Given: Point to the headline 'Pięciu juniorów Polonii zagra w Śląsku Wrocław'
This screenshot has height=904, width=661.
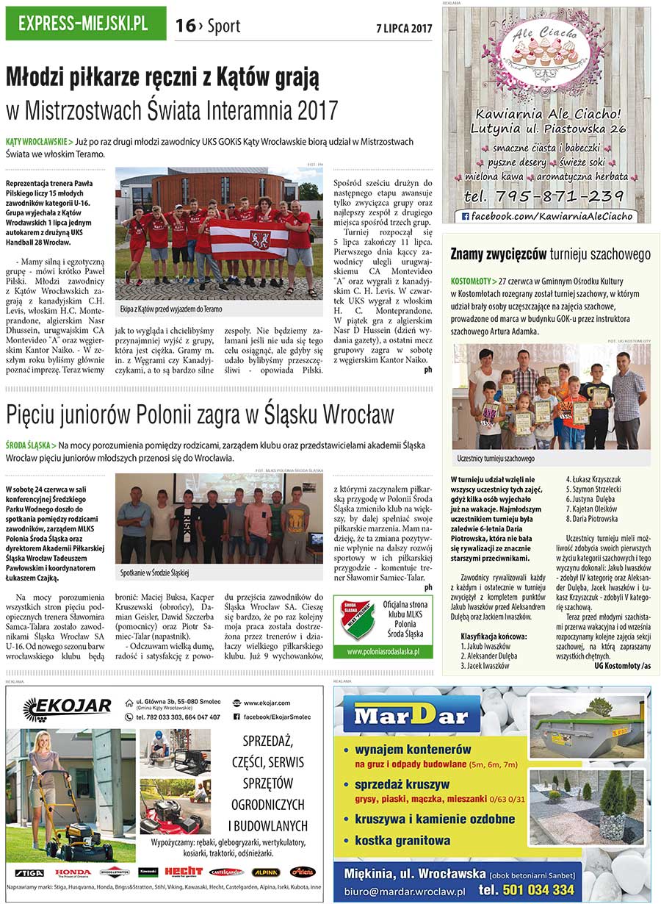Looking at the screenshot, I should [x=201, y=415].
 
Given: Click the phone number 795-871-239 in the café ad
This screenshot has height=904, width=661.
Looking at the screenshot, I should [x=544, y=196].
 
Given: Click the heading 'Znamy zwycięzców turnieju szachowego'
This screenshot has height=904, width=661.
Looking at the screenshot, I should [x=550, y=255].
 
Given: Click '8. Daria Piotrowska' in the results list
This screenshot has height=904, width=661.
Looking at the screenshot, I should [x=592, y=518].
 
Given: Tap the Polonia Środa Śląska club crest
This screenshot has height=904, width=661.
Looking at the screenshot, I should [x=356, y=618].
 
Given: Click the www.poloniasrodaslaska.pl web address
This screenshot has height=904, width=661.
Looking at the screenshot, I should [x=383, y=651].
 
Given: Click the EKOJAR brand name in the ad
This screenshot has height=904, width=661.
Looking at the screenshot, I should [x=68, y=709].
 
